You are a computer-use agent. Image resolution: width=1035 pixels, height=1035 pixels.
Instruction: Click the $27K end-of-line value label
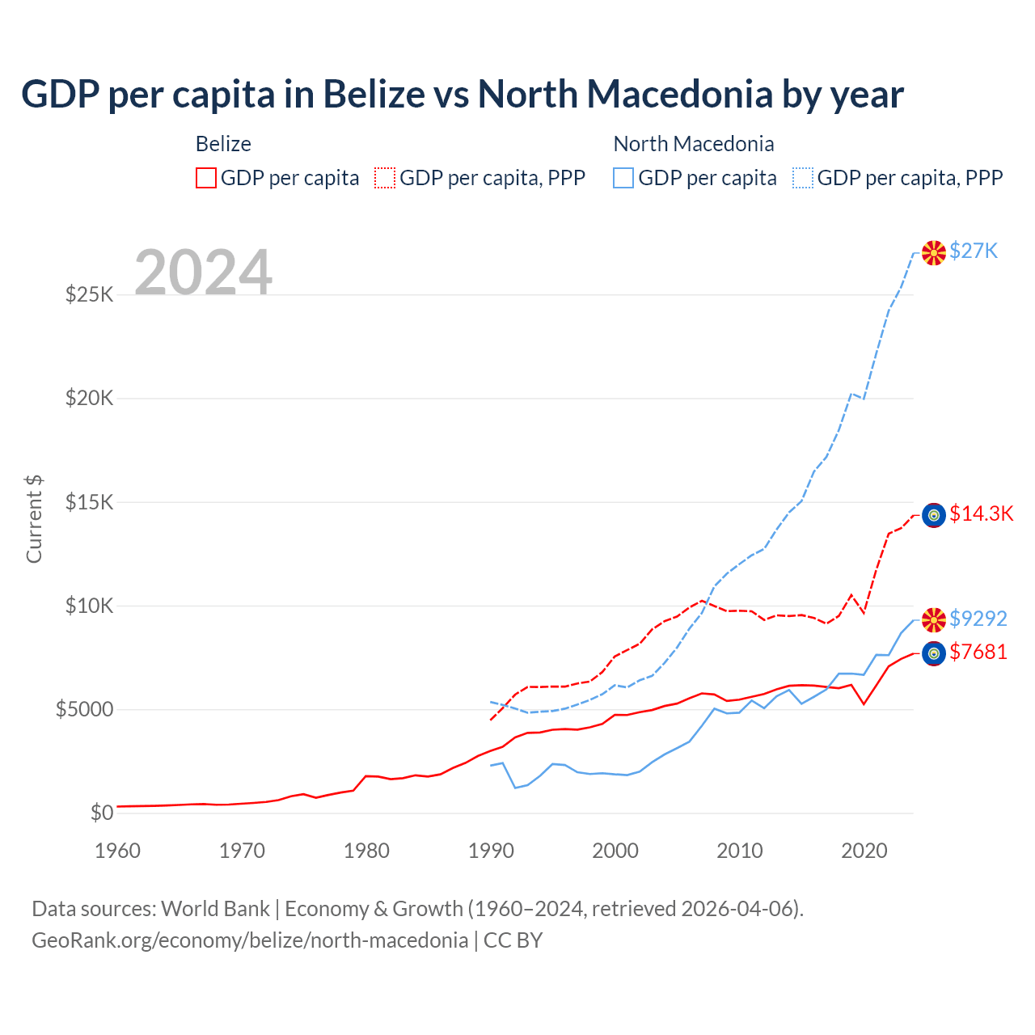[974, 251]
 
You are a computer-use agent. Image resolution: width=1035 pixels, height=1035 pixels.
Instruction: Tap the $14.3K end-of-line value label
[981, 513]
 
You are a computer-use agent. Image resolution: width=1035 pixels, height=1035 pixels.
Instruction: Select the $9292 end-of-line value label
[978, 619]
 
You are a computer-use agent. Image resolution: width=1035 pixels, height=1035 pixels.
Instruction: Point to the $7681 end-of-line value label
[978, 652]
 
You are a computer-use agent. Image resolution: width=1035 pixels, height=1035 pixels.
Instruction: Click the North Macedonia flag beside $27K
[934, 252]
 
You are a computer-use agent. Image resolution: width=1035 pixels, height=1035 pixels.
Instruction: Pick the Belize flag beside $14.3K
[934, 515]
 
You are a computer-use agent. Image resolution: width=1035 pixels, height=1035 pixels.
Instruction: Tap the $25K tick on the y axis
[90, 294]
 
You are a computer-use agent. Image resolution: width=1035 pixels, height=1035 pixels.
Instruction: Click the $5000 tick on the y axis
[84, 709]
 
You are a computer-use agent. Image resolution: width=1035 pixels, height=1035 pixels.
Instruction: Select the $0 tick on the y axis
[102, 813]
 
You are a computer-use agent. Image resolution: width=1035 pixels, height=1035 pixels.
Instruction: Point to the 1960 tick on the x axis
[118, 851]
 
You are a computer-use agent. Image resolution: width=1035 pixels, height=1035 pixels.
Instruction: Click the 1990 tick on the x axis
[491, 851]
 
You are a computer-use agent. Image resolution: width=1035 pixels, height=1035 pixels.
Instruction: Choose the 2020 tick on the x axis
[864, 851]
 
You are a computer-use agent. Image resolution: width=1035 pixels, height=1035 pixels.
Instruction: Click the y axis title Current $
[34, 518]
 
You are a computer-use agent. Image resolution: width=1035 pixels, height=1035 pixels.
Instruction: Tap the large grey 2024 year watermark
[203, 272]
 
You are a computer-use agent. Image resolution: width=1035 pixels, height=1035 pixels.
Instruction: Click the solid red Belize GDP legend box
[206, 178]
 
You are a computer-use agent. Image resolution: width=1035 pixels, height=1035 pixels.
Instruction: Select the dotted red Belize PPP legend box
[385, 178]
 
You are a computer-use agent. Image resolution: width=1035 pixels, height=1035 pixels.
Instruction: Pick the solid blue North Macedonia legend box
[623, 178]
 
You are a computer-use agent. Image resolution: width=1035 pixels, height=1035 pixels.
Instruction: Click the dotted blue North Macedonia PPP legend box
[803, 178]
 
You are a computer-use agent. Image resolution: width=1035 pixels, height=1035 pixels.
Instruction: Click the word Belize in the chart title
[374, 95]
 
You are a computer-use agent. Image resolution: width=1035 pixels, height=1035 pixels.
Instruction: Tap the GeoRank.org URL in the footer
[250, 940]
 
